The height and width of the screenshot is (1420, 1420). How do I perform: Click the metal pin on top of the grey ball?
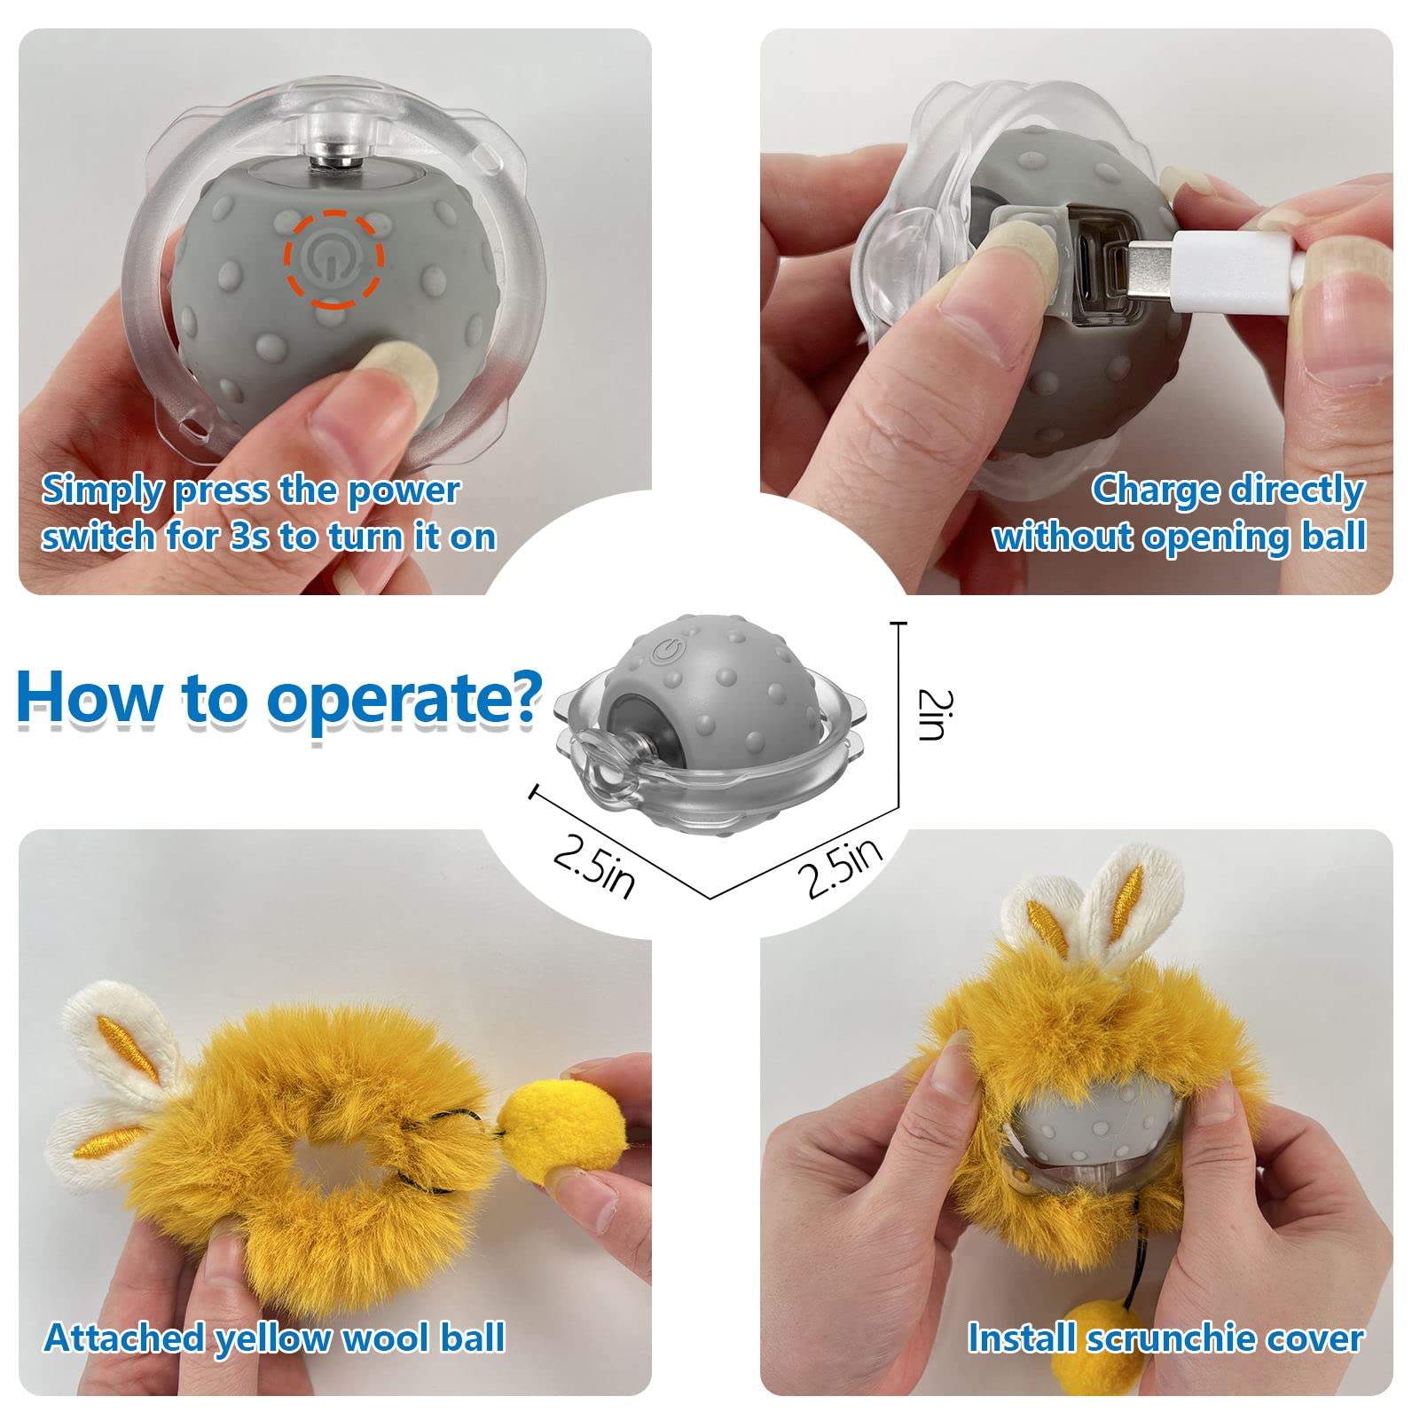334,163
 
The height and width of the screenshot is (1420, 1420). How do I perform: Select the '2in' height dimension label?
934,714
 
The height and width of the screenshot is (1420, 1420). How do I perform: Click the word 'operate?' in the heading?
404,699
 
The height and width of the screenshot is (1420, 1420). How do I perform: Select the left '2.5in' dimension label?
593,866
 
